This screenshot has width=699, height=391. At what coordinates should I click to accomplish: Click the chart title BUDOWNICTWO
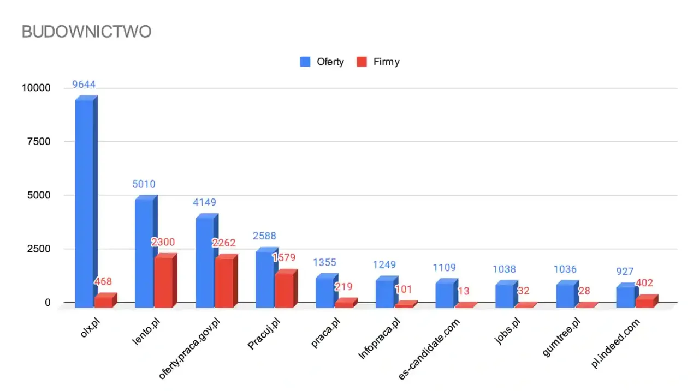[86, 32]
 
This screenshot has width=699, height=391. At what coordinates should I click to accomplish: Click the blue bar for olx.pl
[85, 202]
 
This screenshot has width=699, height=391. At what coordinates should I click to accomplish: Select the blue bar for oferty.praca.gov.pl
[205, 262]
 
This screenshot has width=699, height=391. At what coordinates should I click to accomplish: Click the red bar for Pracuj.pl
[284, 290]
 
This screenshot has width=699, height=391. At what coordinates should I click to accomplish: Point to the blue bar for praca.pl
[325, 292]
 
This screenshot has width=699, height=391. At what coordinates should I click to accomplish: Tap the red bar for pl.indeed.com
[644, 302]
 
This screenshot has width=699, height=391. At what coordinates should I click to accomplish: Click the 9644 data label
[84, 85]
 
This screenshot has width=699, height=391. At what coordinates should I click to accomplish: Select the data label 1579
[283, 258]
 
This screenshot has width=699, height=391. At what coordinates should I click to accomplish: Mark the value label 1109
[445, 268]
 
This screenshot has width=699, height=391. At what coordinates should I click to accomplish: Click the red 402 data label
[644, 283]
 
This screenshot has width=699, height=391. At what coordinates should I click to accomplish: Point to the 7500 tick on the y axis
[38, 142]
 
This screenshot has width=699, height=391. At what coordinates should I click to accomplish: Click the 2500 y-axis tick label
[38, 249]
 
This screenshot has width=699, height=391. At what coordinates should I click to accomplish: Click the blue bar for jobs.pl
[505, 295]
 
